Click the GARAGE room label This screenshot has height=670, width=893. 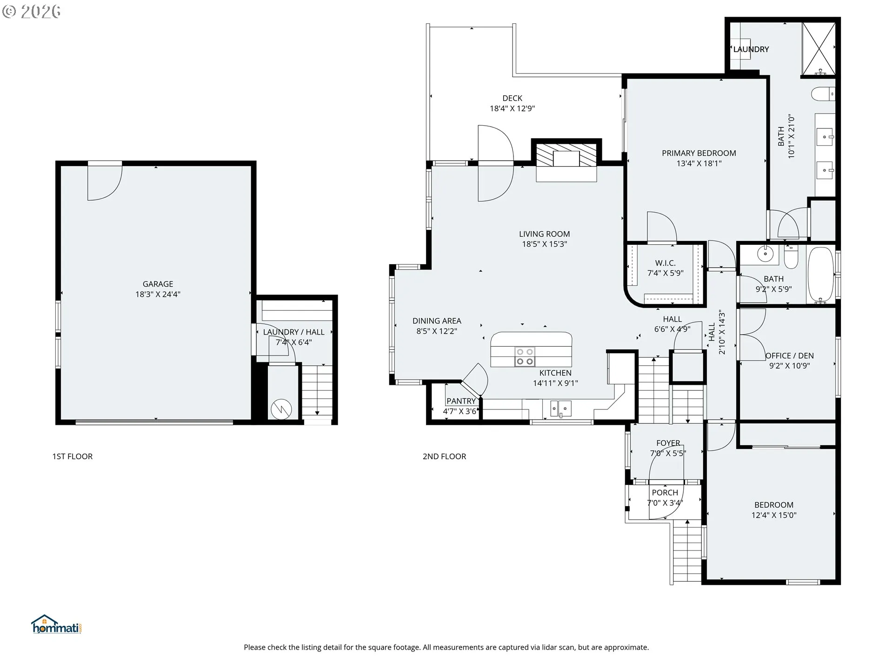click(158, 284)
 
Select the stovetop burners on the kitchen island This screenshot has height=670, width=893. click(525, 357)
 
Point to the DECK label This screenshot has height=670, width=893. click(512, 98)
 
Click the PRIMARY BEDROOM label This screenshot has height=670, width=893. click(699, 153)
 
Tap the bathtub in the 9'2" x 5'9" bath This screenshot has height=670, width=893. click(821, 275)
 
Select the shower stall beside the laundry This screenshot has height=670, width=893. click(819, 49)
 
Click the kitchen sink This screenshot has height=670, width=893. click(561, 409)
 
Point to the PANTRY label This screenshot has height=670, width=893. click(461, 401)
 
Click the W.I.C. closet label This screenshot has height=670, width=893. click(665, 263)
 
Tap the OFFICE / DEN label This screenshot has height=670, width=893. click(790, 356)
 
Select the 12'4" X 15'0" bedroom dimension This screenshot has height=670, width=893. click(774, 515)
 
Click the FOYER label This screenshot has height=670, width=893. click(668, 443)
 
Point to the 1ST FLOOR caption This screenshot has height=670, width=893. click(73, 456)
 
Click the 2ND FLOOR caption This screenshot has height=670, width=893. click(444, 456)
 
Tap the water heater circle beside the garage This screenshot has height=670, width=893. click(281, 409)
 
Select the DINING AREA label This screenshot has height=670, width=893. click(437, 321)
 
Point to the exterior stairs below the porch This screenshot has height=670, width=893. click(687, 551)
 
